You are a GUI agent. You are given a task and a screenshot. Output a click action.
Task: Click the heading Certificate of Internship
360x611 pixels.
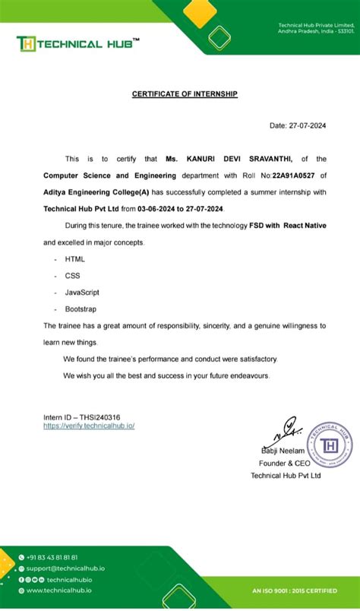pyautogui.click(x=185, y=93)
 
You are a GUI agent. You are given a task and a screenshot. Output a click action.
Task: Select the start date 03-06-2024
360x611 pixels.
pyautogui.click(x=157, y=208)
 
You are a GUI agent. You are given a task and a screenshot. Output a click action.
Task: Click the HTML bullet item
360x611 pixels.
pyautogui.click(x=75, y=259)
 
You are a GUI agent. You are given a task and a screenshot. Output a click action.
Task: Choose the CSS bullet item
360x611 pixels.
pyautogui.click(x=73, y=276)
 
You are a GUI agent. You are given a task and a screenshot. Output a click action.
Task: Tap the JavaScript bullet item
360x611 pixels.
pyautogui.click(x=82, y=293)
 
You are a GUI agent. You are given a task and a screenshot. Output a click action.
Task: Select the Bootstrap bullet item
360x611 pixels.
pyautogui.click(x=81, y=309)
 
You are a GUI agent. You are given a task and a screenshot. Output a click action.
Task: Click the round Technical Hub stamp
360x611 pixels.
pyautogui.click(x=330, y=444)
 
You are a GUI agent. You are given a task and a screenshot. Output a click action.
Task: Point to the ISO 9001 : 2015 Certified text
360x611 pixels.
pyautogui.click(x=300, y=590)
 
